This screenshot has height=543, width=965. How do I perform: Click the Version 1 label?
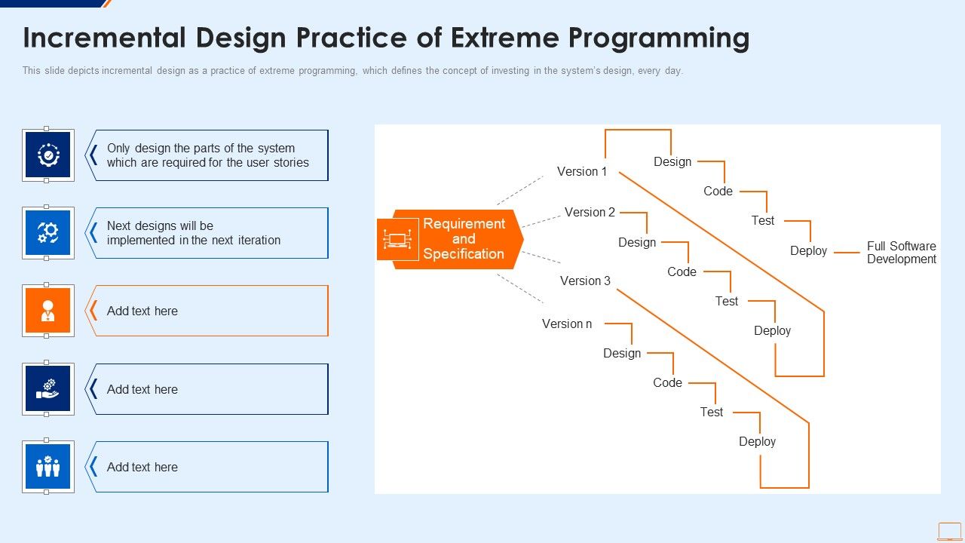coord(581,172)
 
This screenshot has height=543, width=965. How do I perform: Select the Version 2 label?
coord(590,213)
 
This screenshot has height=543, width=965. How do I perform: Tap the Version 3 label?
coord(585,281)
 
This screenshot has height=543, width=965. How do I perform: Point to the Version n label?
coord(567,324)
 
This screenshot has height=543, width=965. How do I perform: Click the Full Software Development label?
coord(901,253)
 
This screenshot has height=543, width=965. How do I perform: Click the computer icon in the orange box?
coord(397,240)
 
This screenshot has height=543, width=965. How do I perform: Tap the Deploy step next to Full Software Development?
coord(808,251)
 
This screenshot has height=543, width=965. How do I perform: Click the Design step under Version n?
coord(621,354)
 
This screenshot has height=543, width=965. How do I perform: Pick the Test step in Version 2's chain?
coord(726,302)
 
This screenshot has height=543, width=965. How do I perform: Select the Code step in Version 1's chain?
coord(718,192)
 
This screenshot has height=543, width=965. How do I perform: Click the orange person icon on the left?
coord(48,311)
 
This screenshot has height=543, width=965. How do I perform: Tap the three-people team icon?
coord(48,467)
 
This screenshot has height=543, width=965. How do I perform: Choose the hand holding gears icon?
coord(48,389)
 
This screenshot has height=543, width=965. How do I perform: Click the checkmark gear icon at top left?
coord(48,155)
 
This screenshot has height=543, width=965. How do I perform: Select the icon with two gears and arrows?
coord(48,233)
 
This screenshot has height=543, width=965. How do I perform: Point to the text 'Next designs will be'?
coord(160,226)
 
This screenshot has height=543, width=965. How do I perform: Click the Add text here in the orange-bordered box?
coord(142,311)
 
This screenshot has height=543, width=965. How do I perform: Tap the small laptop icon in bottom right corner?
coord(949,531)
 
